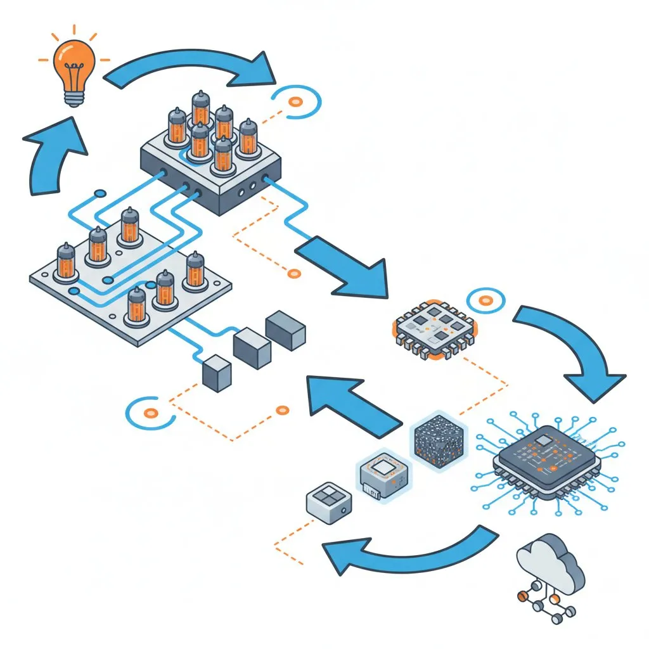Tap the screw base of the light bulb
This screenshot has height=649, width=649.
coord(74,95)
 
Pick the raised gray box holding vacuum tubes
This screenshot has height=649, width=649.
coord(209,171)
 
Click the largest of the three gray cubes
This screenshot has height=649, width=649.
coord(286,330)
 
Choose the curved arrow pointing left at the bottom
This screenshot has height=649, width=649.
coord(406,550)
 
